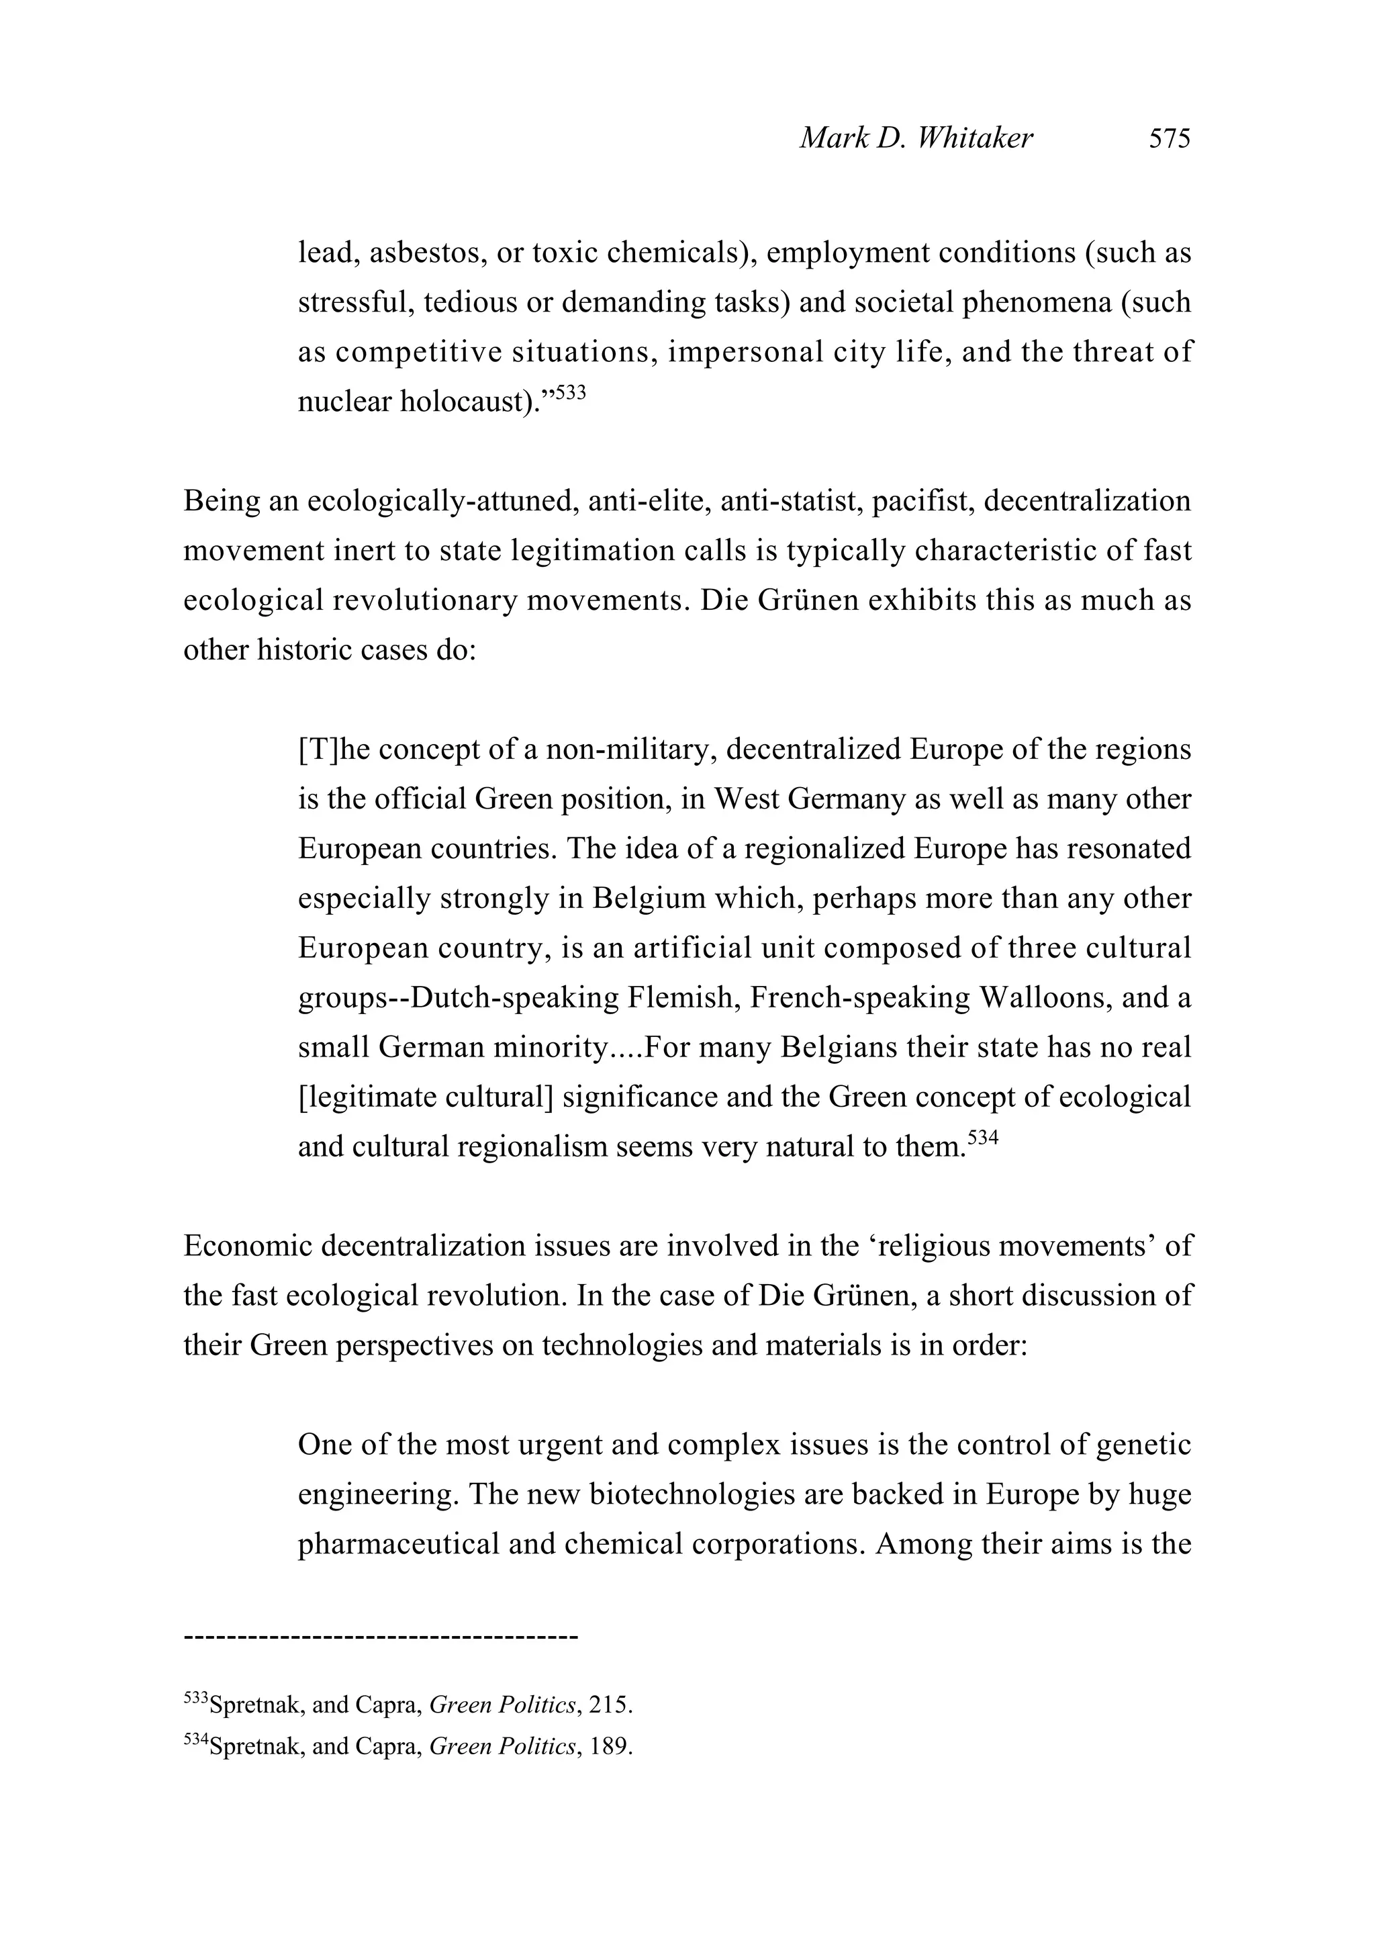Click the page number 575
(x=1170, y=138)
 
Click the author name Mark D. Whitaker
(x=916, y=138)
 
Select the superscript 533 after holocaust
(x=571, y=392)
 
